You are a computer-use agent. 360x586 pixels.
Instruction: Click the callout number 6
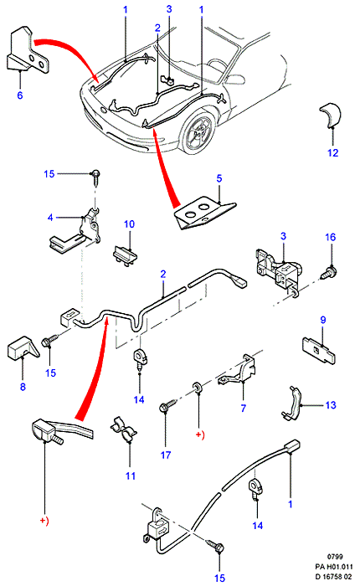tap(20, 95)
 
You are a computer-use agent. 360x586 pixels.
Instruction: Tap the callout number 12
tap(332, 152)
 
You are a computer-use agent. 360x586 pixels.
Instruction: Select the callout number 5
tap(219, 178)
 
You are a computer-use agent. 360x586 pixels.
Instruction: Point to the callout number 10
tap(129, 224)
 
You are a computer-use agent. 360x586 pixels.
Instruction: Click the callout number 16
tap(331, 237)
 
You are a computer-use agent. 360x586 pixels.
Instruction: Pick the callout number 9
tap(323, 320)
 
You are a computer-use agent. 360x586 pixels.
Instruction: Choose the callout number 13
tap(331, 404)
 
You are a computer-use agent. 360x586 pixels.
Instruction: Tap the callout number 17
tap(166, 455)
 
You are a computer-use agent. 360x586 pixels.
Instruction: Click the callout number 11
tap(130, 475)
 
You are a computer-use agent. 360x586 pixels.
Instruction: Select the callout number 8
tap(23, 387)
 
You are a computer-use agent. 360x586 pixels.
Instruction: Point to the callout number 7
tap(244, 408)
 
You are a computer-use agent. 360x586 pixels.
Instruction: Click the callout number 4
tap(50, 217)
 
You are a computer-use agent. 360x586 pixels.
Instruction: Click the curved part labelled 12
tap(331, 115)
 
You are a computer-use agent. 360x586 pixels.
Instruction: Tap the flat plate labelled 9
tap(319, 350)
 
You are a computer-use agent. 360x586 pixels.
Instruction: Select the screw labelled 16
tap(329, 272)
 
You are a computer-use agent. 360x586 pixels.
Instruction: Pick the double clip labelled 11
tap(123, 429)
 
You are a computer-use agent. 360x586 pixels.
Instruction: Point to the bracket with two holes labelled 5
tap(204, 213)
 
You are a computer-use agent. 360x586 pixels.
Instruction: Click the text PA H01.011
tap(333, 567)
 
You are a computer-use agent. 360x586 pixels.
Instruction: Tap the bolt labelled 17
tap(168, 405)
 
